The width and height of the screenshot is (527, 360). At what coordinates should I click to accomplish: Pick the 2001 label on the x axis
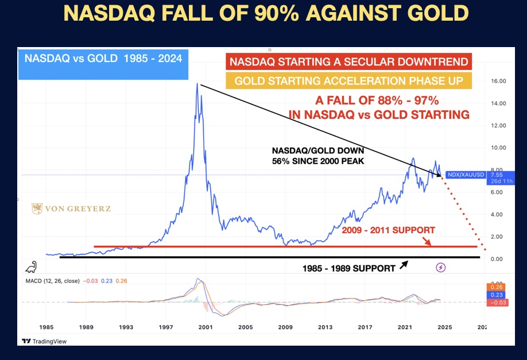(206, 327)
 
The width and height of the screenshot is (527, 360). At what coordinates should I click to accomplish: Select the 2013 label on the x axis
(325, 327)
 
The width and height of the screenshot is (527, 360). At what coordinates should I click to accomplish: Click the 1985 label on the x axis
(46, 327)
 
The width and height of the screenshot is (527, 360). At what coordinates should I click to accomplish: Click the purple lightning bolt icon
(441, 268)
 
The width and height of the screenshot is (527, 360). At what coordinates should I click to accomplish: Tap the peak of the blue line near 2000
(197, 84)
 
